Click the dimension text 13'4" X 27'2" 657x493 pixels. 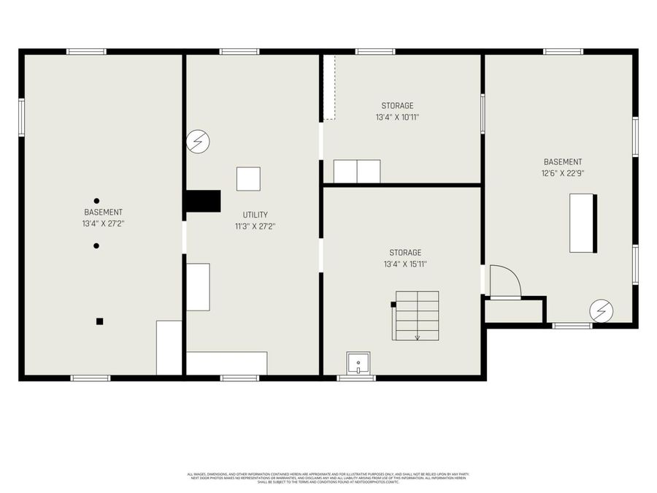(x=103, y=223)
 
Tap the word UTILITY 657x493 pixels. (x=255, y=215)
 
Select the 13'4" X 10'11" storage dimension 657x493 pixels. (x=397, y=117)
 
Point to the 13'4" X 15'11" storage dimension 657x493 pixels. (x=405, y=264)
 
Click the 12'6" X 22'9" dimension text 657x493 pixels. (x=563, y=173)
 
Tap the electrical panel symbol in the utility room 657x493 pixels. (x=197, y=141)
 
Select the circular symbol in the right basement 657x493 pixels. (x=602, y=310)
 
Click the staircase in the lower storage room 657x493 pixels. (x=417, y=316)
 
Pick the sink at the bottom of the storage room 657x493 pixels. (x=358, y=363)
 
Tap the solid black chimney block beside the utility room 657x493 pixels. (x=203, y=201)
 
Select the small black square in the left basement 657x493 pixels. (x=100, y=321)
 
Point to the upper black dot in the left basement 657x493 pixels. (x=96, y=201)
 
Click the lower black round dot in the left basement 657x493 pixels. (x=96, y=245)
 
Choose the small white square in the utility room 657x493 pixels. (x=248, y=179)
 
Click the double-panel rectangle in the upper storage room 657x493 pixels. (x=357, y=171)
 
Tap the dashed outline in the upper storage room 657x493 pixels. (x=328, y=87)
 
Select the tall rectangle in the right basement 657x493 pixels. (x=583, y=223)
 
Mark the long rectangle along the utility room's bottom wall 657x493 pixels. (x=226, y=363)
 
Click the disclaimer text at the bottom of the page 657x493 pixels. (x=328, y=478)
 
